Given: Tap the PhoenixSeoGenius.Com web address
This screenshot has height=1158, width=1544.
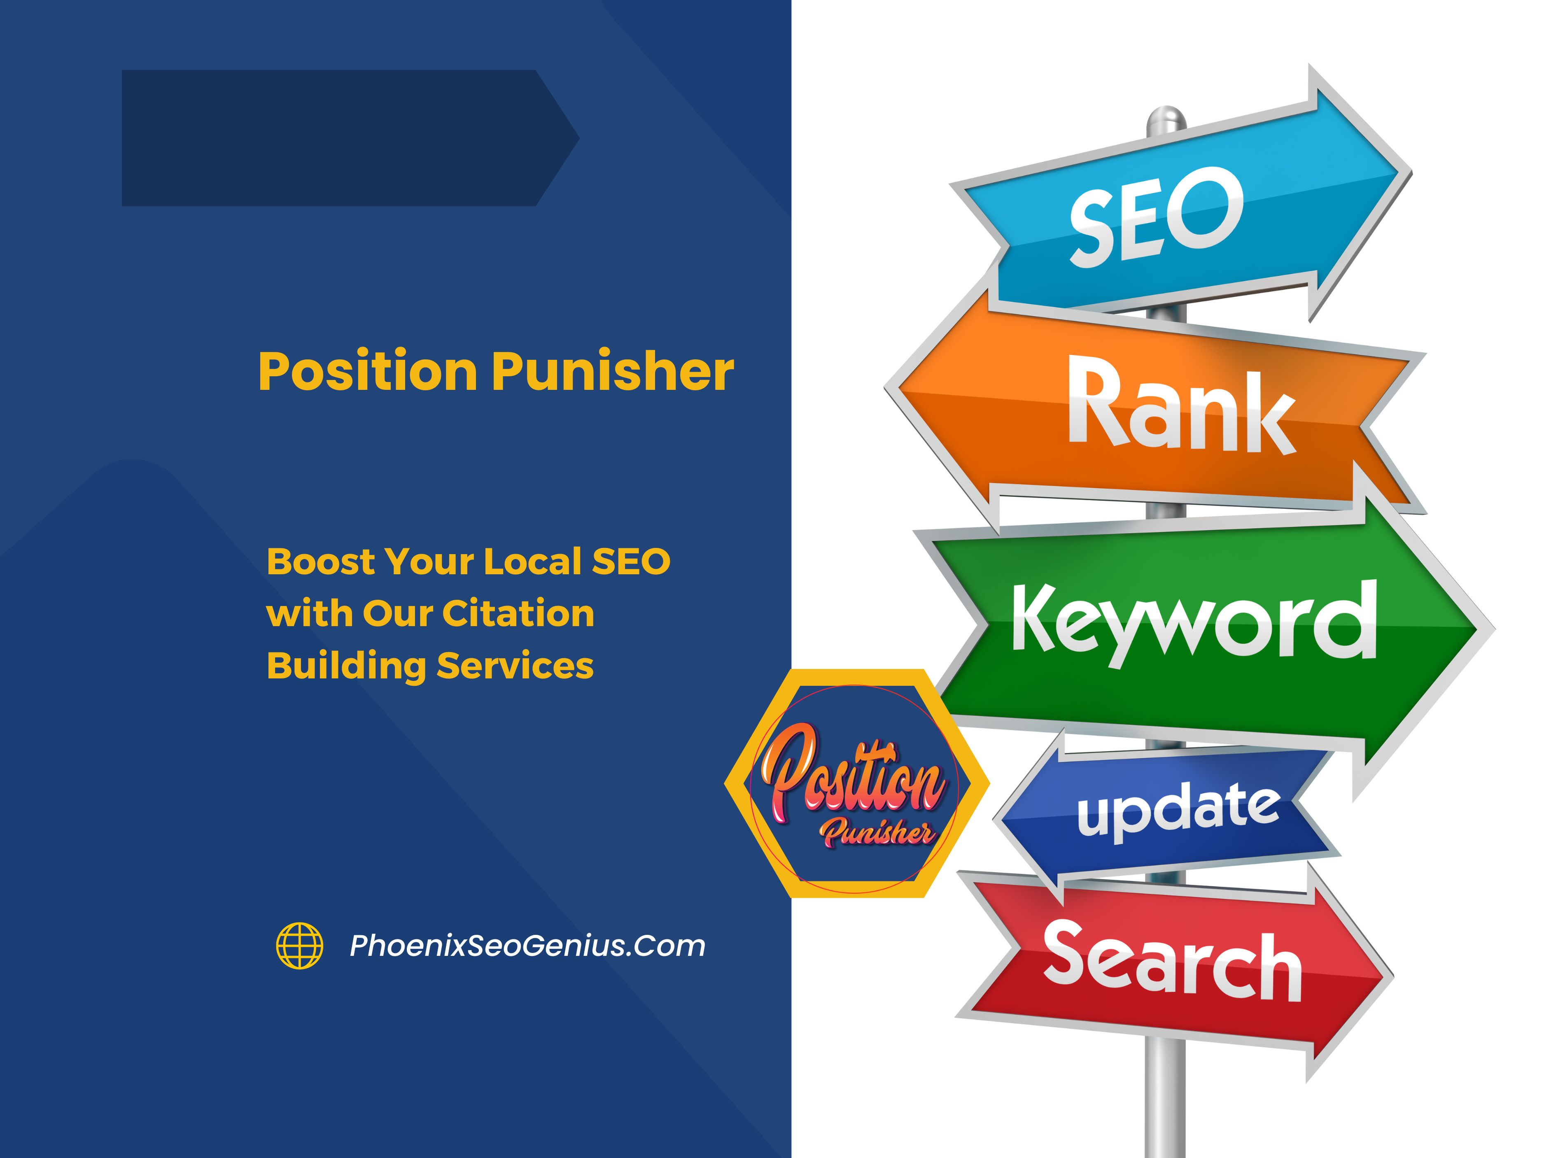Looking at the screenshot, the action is [527, 946].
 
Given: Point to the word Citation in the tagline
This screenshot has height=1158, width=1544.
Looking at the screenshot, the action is [518, 613].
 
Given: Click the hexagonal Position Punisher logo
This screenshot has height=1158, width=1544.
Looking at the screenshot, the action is [856, 783].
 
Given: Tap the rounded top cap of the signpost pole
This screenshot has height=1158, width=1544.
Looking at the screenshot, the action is [1166, 116].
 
